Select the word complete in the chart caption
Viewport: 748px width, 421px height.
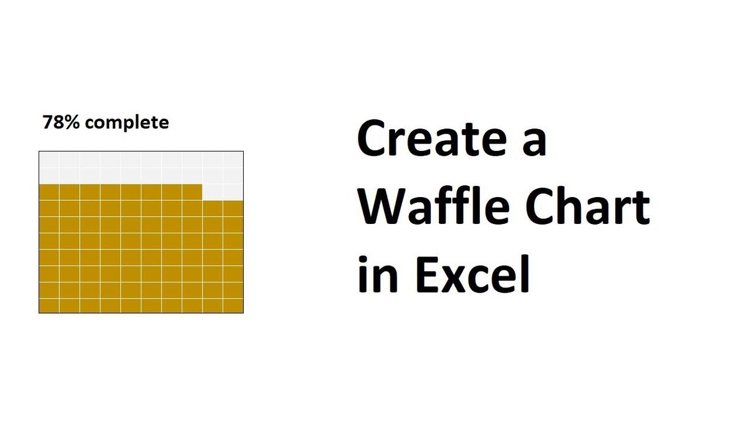[x=127, y=123]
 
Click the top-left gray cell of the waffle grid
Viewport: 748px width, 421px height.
[x=49, y=160]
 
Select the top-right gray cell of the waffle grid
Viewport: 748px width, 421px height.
[x=233, y=160]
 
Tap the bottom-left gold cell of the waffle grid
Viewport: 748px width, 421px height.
[x=49, y=305]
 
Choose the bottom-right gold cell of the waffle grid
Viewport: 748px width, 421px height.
[x=233, y=305]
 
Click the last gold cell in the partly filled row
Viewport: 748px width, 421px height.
[x=193, y=192]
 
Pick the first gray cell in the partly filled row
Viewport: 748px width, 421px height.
[x=213, y=192]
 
